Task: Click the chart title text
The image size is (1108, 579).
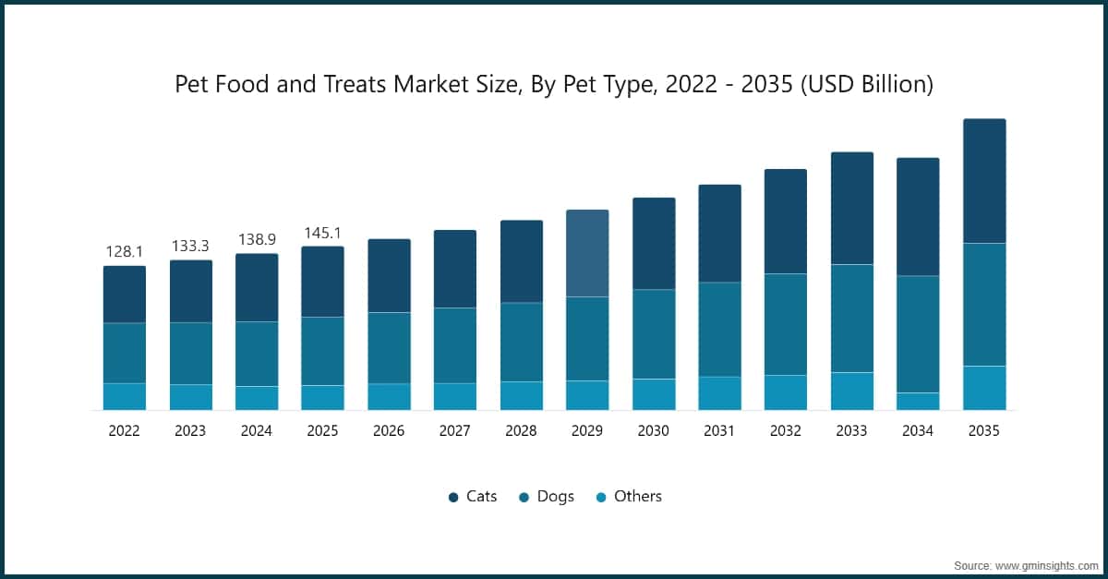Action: click(x=554, y=85)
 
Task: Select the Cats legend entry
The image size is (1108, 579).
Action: click(x=473, y=497)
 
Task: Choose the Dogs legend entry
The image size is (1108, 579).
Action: click(x=547, y=497)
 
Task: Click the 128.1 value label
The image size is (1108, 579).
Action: click(x=125, y=252)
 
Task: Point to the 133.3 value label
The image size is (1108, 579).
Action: click(x=190, y=247)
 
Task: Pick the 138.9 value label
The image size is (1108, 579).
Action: click(x=257, y=239)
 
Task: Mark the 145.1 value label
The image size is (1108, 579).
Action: click(x=323, y=233)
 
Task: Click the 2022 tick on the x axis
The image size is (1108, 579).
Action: click(x=125, y=430)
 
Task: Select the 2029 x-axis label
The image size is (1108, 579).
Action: click(x=587, y=430)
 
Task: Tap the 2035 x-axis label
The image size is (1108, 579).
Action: click(x=984, y=430)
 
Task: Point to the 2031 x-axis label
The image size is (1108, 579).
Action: click(x=719, y=430)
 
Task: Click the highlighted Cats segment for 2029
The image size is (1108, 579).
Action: click(x=587, y=253)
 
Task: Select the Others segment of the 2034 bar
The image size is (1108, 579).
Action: click(x=918, y=402)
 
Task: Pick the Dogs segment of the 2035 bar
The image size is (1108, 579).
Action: click(x=984, y=305)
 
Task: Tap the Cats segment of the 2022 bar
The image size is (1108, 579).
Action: click(x=125, y=295)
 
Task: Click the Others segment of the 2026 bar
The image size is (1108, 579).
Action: click(x=389, y=397)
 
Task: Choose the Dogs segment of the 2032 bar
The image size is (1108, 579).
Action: click(x=786, y=324)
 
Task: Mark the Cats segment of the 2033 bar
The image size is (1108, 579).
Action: click(x=852, y=209)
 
